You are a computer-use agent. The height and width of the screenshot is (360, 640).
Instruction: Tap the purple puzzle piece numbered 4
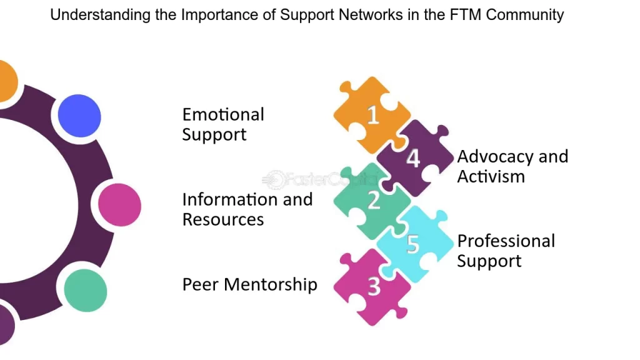(x=413, y=158)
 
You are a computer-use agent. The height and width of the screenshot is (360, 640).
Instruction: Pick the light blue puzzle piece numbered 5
(x=413, y=244)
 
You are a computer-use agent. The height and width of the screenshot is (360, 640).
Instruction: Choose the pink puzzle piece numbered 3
(x=373, y=286)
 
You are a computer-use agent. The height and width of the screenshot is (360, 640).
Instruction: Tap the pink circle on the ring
(x=120, y=205)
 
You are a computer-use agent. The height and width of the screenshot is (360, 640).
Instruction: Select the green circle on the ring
(x=86, y=291)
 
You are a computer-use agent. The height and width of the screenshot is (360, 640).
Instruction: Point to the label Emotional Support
(x=223, y=124)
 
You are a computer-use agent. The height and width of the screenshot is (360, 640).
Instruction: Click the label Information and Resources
(x=247, y=209)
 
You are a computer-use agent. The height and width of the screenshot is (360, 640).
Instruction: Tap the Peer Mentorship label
(x=249, y=284)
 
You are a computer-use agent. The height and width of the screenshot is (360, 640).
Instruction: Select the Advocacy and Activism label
(x=512, y=166)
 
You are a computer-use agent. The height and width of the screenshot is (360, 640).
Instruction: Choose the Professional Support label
(x=506, y=251)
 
